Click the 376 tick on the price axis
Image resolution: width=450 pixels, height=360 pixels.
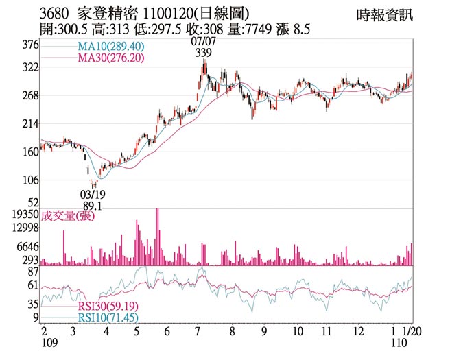(31, 45)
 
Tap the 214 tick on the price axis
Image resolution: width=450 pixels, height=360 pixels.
(31, 123)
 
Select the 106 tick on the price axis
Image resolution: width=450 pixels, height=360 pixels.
(31, 180)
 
